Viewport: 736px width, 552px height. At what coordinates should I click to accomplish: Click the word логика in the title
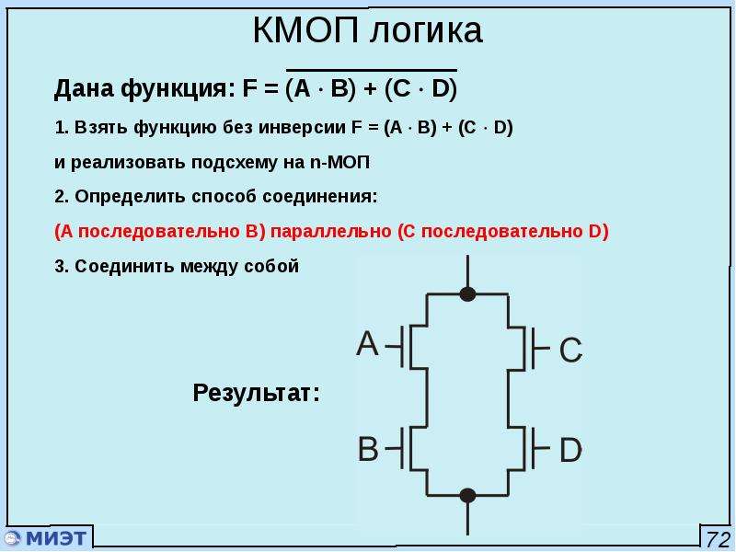click(x=425, y=31)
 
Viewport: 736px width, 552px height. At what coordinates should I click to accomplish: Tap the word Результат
click(x=257, y=393)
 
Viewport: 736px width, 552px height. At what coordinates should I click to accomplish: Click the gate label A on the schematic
click(x=367, y=343)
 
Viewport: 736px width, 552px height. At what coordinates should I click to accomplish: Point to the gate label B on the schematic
click(x=368, y=448)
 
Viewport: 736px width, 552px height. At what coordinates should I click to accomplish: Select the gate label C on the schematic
click(x=570, y=350)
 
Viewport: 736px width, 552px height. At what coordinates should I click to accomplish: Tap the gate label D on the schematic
click(x=570, y=450)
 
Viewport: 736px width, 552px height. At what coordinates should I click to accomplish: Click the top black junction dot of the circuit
click(x=467, y=294)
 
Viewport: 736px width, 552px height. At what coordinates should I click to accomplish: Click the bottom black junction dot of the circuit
click(x=467, y=495)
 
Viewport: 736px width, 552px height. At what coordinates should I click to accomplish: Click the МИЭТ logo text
click(x=56, y=537)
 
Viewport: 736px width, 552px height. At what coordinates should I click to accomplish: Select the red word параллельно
click(x=331, y=232)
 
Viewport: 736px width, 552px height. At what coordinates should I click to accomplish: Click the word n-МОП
click(x=340, y=162)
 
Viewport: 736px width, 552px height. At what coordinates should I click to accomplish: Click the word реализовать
click(x=129, y=163)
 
